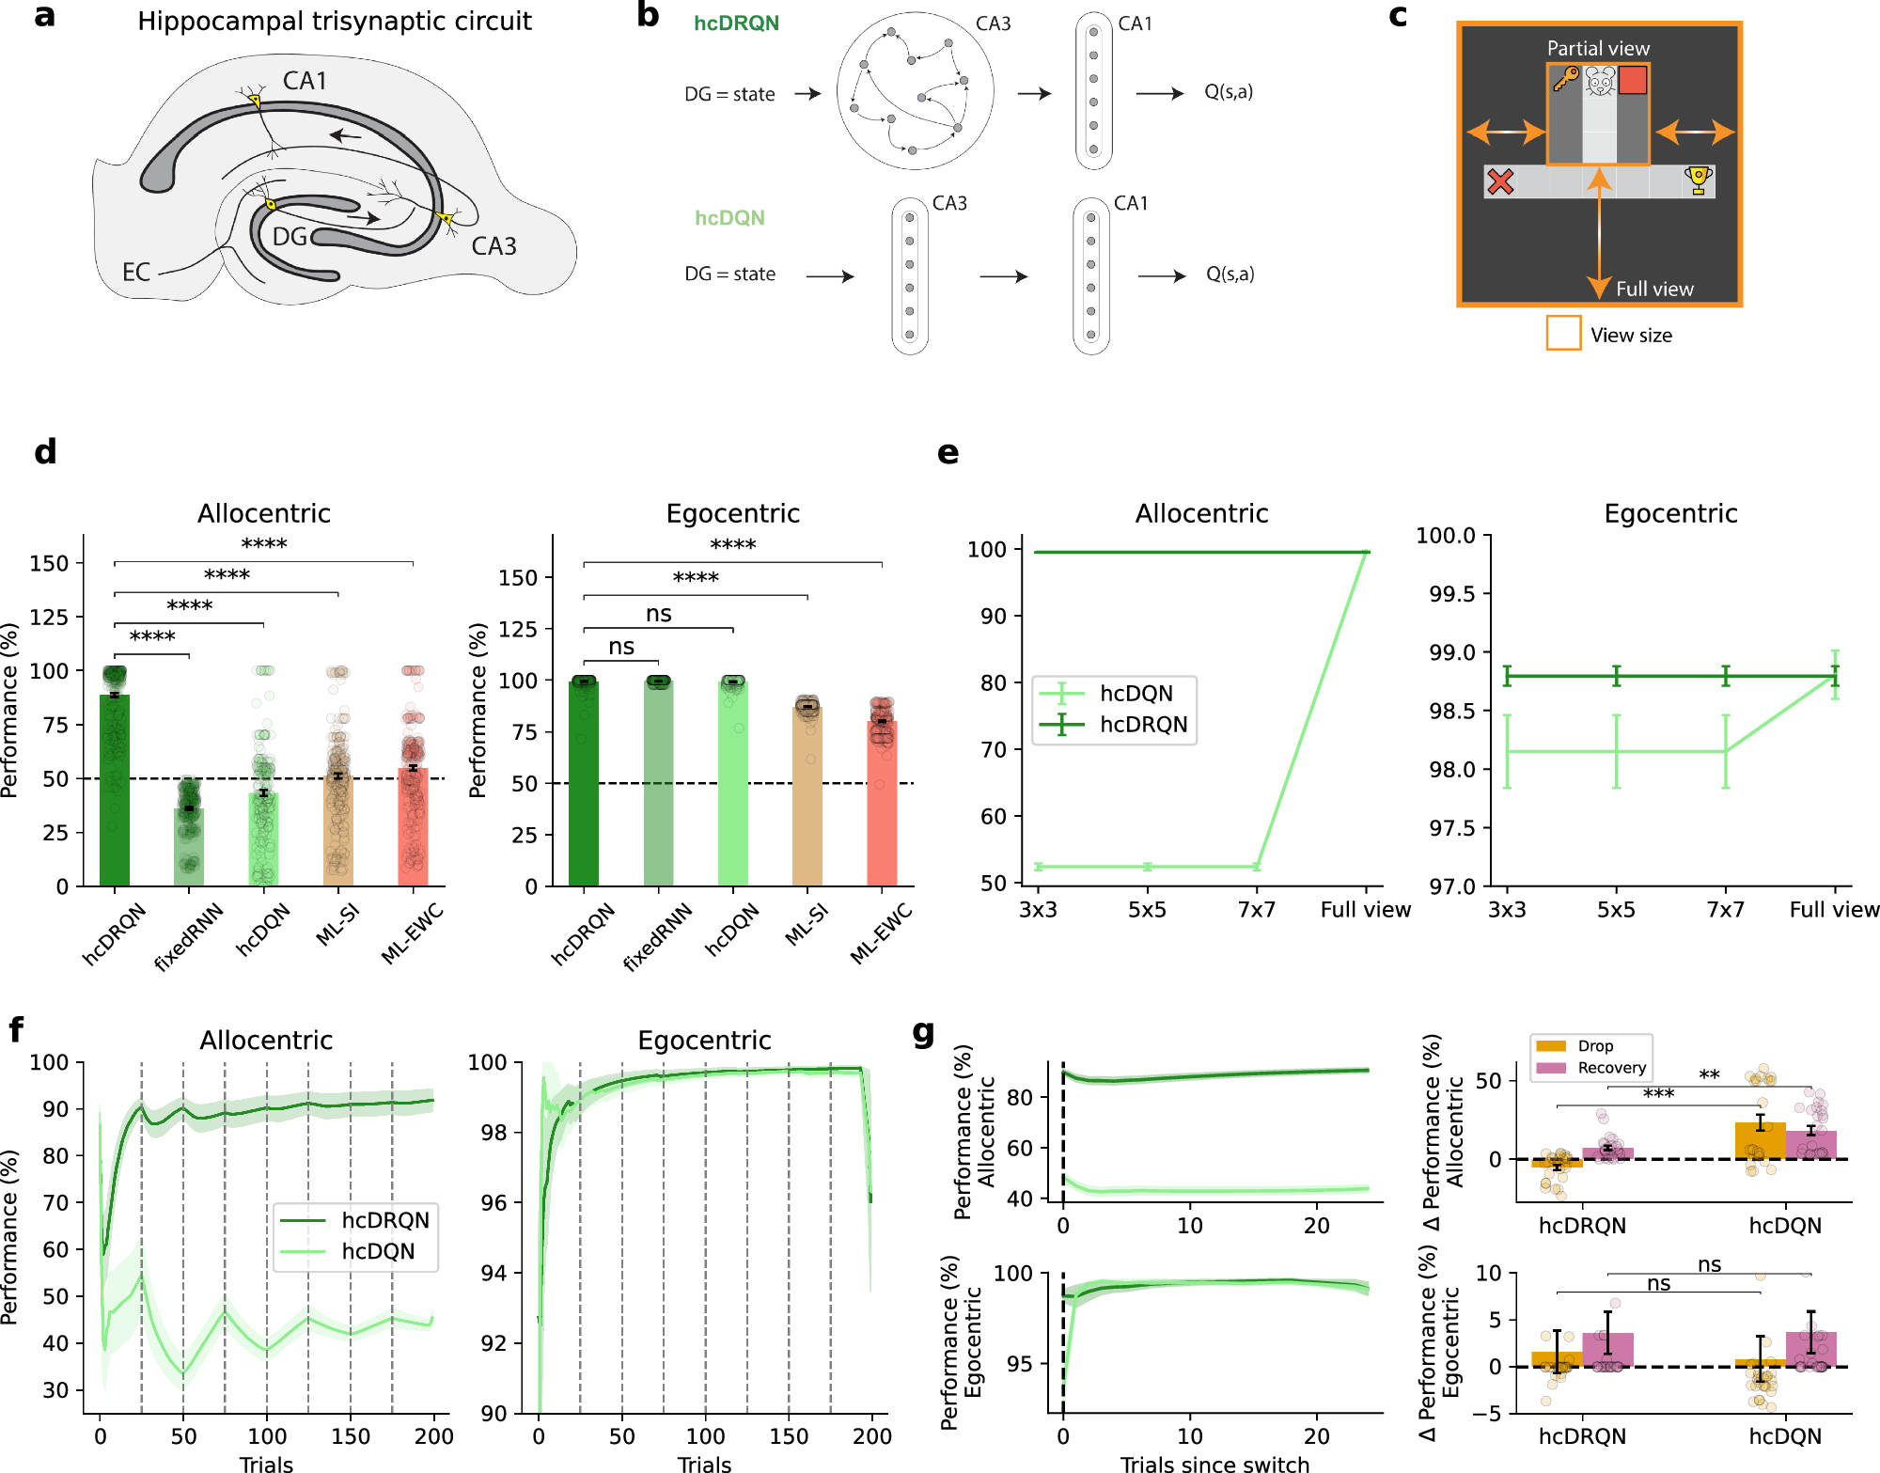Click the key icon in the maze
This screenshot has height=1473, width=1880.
(1565, 79)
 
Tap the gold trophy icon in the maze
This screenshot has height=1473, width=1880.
(1698, 180)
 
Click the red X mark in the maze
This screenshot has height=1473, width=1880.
(1500, 181)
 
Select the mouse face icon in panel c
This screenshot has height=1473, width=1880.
(1600, 81)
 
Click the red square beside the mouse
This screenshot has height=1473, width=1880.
(1633, 80)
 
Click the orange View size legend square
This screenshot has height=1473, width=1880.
(1563, 333)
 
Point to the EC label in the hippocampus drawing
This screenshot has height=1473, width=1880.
(136, 273)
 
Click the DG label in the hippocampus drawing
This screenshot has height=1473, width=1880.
(290, 237)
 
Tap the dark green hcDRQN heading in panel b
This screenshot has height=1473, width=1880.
(736, 24)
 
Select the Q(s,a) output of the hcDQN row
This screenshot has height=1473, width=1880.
(1230, 274)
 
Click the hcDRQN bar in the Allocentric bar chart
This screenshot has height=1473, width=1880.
(115, 790)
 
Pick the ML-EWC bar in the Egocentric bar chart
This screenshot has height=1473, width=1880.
(882, 804)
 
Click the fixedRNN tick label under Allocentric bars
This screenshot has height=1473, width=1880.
(189, 936)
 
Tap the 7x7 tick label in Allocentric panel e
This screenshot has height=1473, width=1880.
(1256, 910)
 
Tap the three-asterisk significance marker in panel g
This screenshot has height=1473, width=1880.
(1658, 1094)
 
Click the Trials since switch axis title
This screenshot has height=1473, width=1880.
(1214, 1463)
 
